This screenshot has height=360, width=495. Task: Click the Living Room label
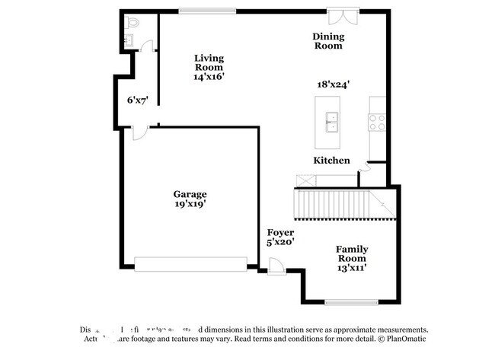coord(208,62)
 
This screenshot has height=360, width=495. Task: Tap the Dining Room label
coord(328,41)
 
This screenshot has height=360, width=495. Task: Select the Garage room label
coord(189,194)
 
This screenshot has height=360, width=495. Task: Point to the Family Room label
coord(353,253)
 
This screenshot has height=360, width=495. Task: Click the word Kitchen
coord(332,161)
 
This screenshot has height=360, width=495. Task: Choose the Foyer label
coord(280,232)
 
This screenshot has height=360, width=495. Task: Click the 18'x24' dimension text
coord(334,85)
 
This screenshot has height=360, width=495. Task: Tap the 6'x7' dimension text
coord(137,100)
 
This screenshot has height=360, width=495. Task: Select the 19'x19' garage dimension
coord(189,204)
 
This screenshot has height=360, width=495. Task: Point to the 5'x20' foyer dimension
coord(280,242)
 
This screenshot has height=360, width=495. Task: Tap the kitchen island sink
coord(332,119)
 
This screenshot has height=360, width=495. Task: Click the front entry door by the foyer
coord(276,266)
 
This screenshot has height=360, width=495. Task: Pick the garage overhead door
coord(190,263)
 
